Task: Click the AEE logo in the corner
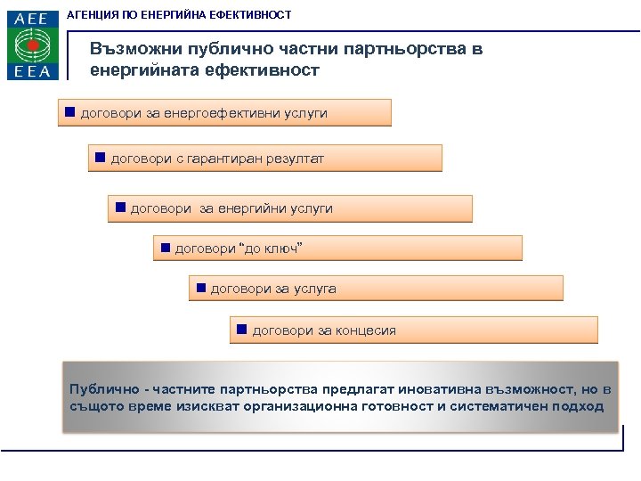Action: [33, 45]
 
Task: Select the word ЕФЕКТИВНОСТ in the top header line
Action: [251, 15]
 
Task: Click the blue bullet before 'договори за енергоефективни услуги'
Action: [69, 113]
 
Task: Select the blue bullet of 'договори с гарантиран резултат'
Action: [100, 158]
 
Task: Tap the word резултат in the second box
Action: [295, 159]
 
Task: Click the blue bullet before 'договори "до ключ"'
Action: [164, 247]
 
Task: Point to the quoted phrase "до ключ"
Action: [272, 248]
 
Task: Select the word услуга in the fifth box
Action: [315, 289]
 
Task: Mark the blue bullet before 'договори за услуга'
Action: [200, 288]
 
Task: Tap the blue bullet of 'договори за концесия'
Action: [241, 330]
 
